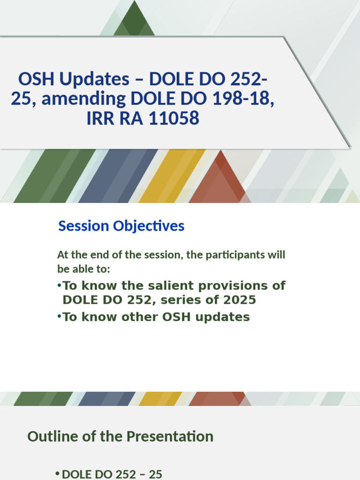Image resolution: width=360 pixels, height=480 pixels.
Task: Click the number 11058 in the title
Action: click(x=174, y=119)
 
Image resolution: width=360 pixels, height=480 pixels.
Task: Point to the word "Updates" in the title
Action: click(x=94, y=79)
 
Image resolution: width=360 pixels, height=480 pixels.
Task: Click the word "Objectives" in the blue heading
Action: click(x=149, y=226)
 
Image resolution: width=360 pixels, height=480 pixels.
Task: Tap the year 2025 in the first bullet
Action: click(x=240, y=300)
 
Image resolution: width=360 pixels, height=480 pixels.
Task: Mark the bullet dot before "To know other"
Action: click(x=60, y=316)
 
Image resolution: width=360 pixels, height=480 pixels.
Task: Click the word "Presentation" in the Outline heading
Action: click(x=170, y=436)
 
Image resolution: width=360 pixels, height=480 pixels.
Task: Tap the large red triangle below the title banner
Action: click(x=219, y=180)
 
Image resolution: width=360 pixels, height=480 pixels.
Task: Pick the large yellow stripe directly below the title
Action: click(x=172, y=176)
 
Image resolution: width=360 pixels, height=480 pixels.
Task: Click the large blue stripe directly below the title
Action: click(x=118, y=176)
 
